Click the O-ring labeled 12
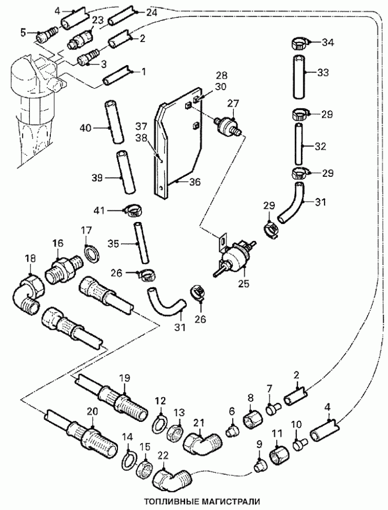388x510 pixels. pyautogui.click(x=159, y=425)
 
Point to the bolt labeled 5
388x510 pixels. pyautogui.click(x=45, y=36)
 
